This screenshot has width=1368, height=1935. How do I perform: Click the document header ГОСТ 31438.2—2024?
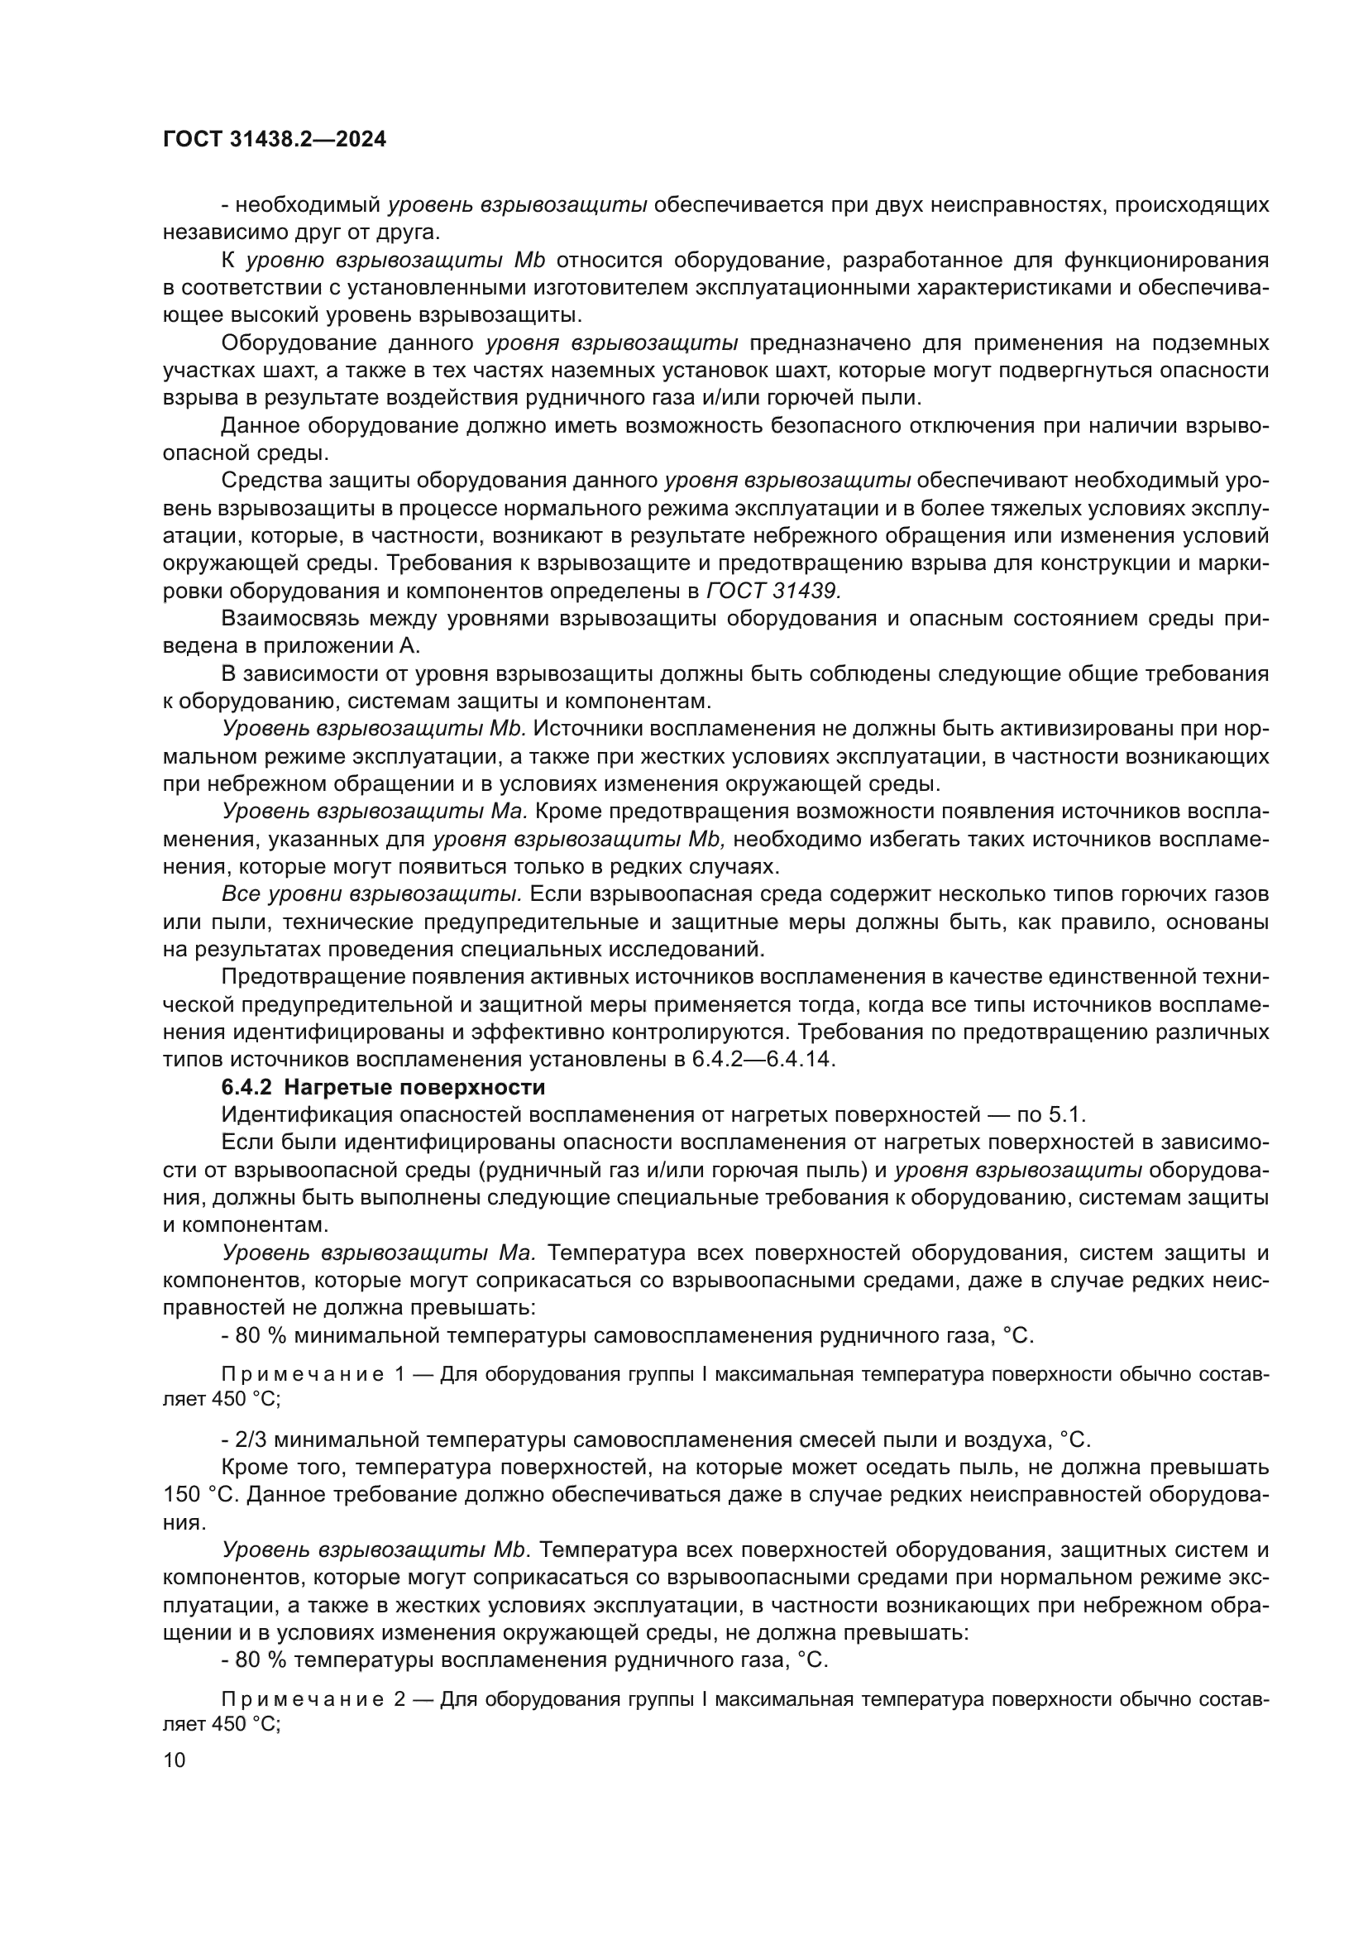275,140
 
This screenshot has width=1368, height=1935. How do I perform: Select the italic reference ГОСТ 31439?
775,592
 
